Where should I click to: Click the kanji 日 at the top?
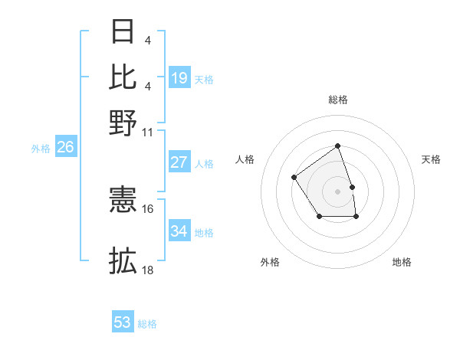point(123,32)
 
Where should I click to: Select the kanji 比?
point(123,77)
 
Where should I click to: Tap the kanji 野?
point(123,121)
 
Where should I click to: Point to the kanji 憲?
point(123,201)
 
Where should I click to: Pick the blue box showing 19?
point(179,78)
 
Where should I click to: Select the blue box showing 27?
point(179,162)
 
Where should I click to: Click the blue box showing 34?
point(179,231)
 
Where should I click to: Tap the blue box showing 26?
point(65,148)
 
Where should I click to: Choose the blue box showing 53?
point(123,322)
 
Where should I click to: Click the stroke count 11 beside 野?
point(148,132)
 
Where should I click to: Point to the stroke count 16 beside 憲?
point(148,208)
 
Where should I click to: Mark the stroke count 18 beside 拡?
point(148,270)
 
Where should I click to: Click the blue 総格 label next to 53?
point(147,324)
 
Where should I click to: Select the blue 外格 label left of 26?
point(40,149)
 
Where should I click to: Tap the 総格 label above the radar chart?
point(337,100)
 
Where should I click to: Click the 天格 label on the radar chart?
point(431,159)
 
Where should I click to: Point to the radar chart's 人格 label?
point(245,159)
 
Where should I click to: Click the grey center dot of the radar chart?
point(337,191)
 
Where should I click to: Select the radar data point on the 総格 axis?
point(337,146)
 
